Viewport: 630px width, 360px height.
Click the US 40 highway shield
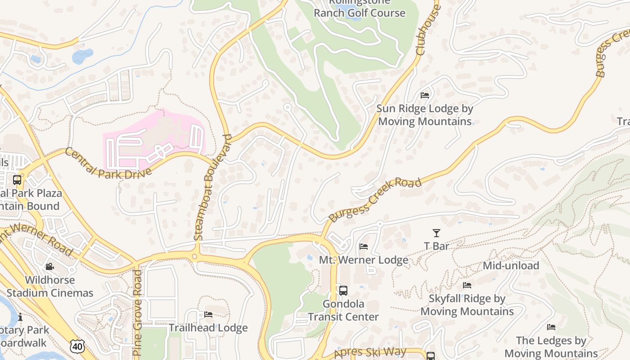[77, 346]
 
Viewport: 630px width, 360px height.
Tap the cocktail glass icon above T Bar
[436, 233]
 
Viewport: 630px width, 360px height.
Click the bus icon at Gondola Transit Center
[343, 291]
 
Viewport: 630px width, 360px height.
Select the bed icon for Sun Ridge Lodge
[424, 95]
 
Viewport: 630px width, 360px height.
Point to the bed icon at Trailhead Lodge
[208, 315]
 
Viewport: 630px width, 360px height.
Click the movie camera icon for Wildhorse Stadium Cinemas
[50, 267]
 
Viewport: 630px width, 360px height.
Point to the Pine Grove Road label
[138, 312]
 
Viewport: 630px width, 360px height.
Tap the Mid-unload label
[511, 265]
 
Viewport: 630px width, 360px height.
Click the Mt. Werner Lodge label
[364, 260]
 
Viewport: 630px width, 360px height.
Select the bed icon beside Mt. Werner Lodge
[364, 247]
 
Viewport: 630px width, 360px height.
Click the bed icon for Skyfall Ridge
[467, 285]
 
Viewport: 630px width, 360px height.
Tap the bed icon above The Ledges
[551, 327]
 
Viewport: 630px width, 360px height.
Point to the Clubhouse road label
[427, 31]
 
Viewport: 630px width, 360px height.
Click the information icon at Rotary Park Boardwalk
[20, 317]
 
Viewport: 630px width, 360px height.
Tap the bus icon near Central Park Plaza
[17, 180]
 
